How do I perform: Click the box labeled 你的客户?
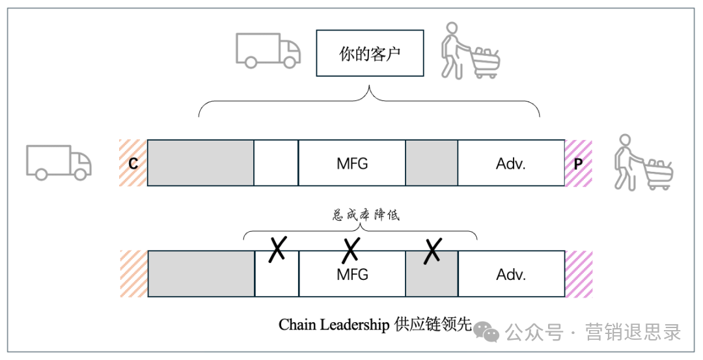[x=370, y=53]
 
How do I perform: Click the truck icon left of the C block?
[x=59, y=161]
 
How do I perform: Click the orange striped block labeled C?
[x=133, y=163]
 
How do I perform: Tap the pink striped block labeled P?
[x=578, y=163]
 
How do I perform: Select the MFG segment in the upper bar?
[x=352, y=163]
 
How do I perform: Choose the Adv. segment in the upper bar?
[x=511, y=163]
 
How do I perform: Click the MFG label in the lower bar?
[x=352, y=275]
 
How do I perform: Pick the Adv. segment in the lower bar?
[x=511, y=274]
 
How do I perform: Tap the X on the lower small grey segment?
[x=432, y=251]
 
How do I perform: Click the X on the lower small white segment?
[x=277, y=248]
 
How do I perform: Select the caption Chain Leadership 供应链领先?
[x=374, y=324]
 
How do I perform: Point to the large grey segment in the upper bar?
[x=200, y=163]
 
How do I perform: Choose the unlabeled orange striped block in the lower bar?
[x=133, y=274]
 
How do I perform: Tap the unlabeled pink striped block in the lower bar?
[x=578, y=274]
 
